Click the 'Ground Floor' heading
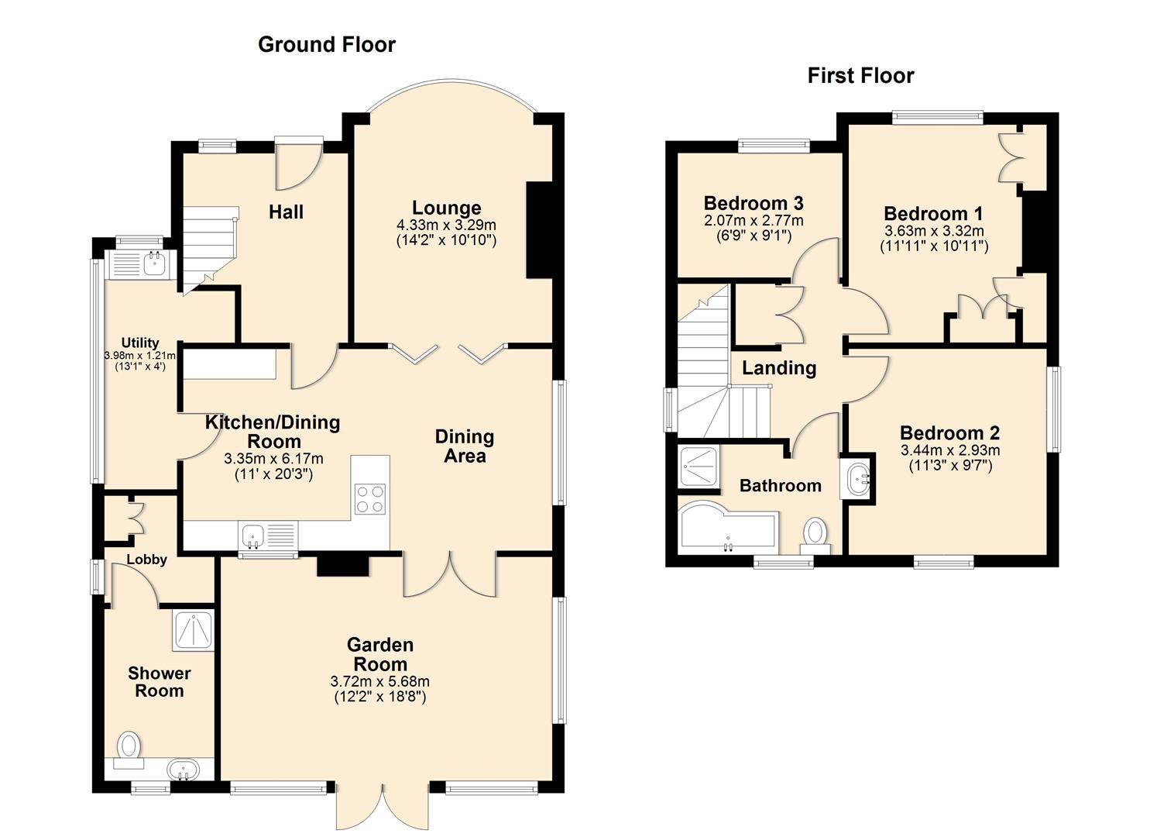point(326,45)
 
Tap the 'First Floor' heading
point(860,76)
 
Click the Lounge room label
point(446,208)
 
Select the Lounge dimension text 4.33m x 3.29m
point(446,225)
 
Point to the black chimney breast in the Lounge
point(539,230)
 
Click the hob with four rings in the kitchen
point(370,498)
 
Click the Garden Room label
point(379,654)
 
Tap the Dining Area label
point(464,446)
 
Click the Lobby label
point(146,560)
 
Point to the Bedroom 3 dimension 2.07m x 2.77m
point(753,221)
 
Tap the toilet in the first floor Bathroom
point(814,533)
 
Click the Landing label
point(778,368)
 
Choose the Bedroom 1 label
point(933,213)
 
